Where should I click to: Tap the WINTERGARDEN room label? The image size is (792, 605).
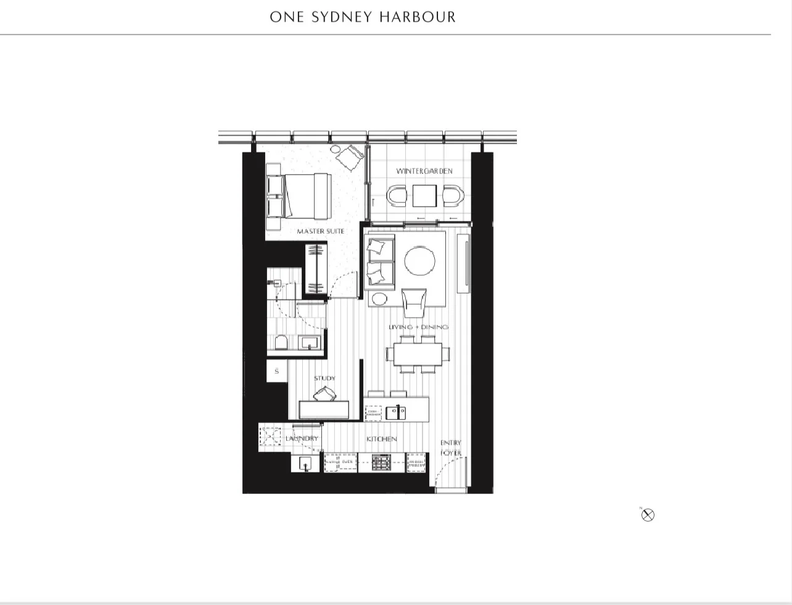[x=424, y=171]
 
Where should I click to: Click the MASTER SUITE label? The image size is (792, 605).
[x=320, y=231]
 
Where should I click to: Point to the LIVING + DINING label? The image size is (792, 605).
[x=418, y=327]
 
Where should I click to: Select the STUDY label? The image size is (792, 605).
[x=324, y=379]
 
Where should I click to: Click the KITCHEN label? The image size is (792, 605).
[x=382, y=439]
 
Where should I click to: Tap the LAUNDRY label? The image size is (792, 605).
[x=302, y=438]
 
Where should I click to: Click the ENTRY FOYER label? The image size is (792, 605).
[x=451, y=448]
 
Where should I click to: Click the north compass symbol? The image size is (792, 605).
[x=648, y=515]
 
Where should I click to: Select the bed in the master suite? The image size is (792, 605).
[x=299, y=195]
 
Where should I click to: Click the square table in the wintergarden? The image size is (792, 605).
[x=424, y=196]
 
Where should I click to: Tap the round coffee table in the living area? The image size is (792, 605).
[x=420, y=261]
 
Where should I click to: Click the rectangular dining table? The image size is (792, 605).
[x=418, y=355]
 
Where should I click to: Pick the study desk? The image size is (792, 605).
[x=324, y=410]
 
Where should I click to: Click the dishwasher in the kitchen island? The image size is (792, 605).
[x=374, y=413]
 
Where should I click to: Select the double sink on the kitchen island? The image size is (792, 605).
[x=395, y=413]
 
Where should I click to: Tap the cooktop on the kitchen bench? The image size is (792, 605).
[x=381, y=463]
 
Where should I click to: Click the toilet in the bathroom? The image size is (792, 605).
[x=281, y=344]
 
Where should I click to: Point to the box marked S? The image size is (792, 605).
[x=277, y=371]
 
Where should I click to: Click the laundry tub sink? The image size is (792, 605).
[x=307, y=463]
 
